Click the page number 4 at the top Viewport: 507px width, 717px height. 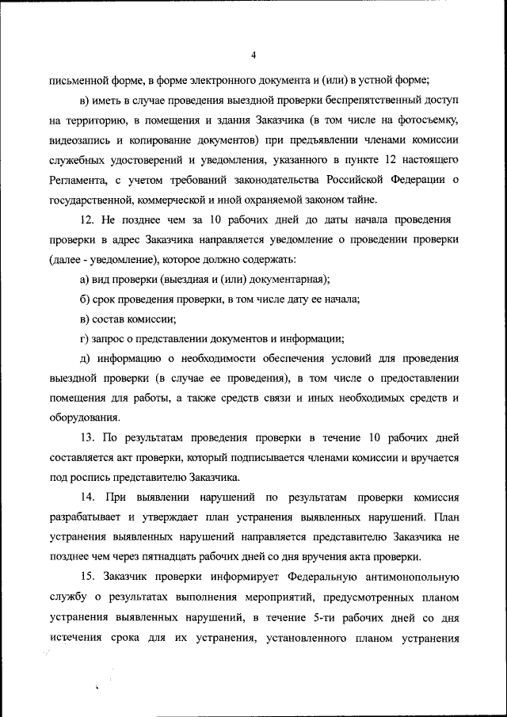coord(253,55)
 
